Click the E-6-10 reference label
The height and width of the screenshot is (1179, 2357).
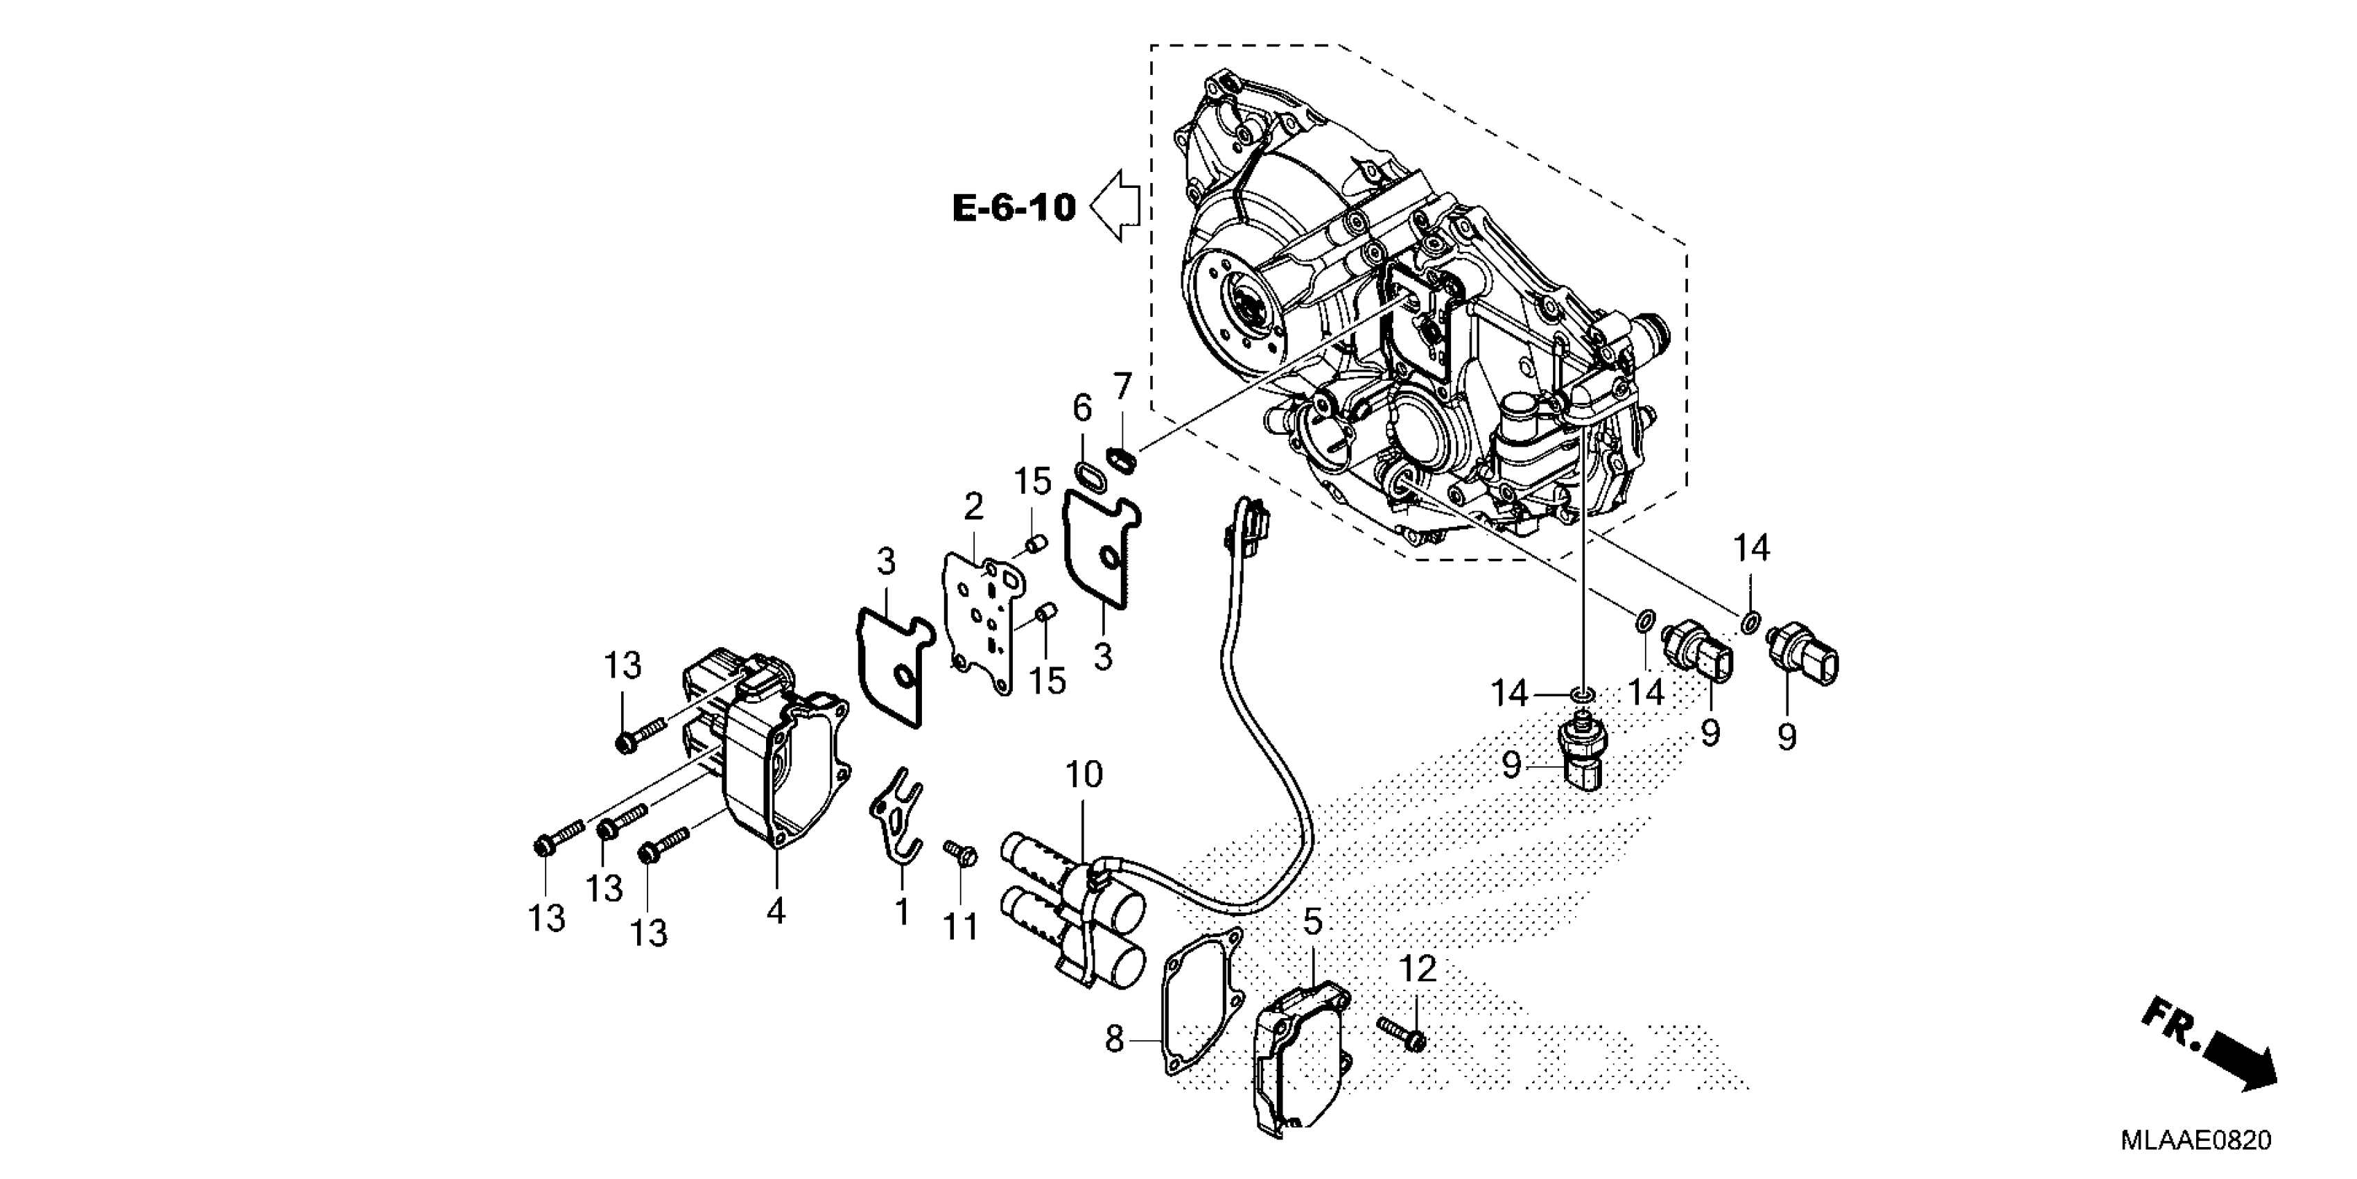click(x=1014, y=209)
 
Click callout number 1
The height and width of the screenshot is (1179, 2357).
click(x=902, y=912)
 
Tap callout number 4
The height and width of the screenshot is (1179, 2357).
click(x=776, y=911)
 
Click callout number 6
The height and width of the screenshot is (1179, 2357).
click(x=1082, y=409)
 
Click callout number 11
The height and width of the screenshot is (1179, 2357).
click(x=961, y=927)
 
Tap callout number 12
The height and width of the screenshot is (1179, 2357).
click(x=1417, y=968)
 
